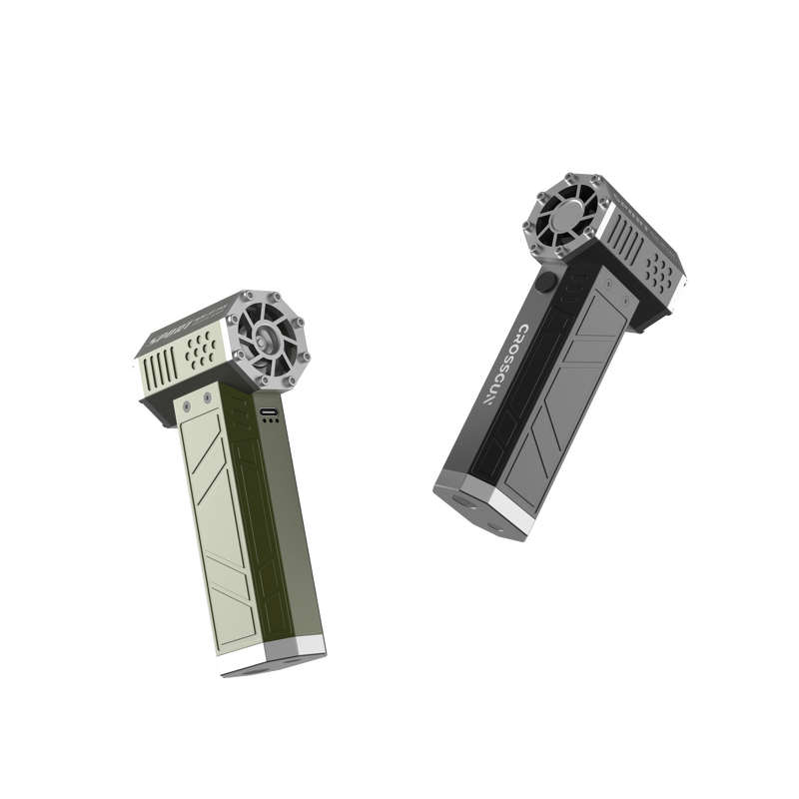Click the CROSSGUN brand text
[x=504, y=365]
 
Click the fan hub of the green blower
[x=267, y=340]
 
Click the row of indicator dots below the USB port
[x=270, y=422]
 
